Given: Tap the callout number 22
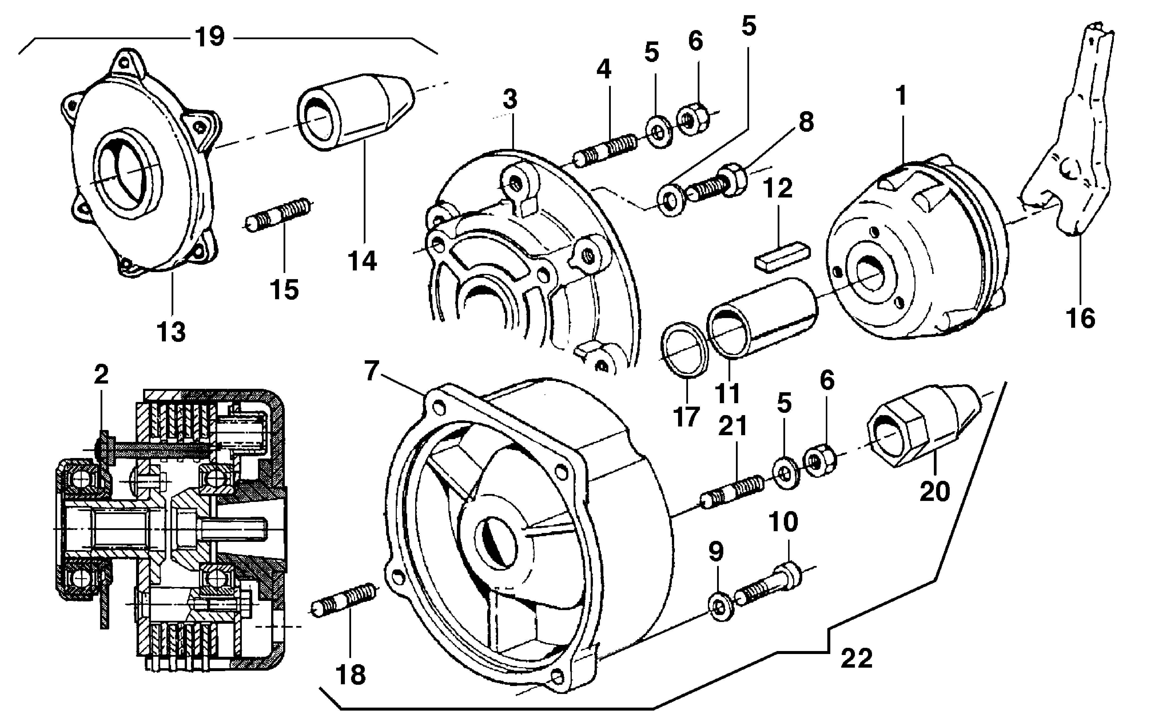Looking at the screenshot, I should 856,658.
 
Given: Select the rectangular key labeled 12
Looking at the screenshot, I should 781,257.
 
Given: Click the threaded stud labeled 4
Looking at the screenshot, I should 606,149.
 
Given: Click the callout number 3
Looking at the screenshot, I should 510,99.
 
